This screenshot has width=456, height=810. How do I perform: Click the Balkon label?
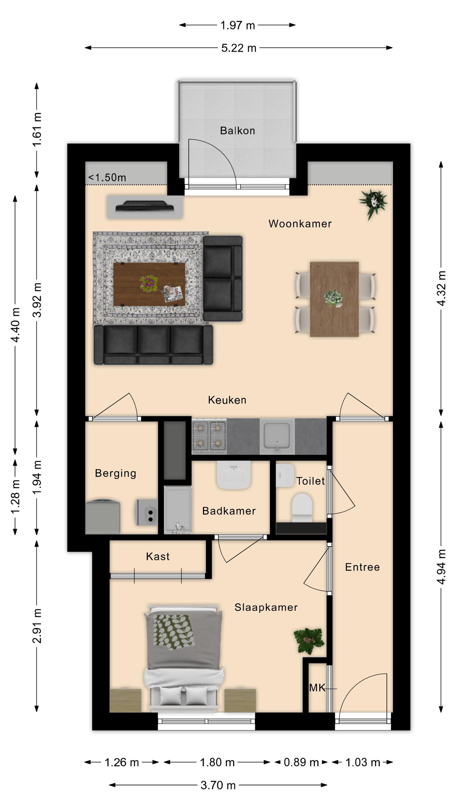pyautogui.click(x=237, y=130)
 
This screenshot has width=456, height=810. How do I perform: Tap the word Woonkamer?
pyautogui.click(x=300, y=224)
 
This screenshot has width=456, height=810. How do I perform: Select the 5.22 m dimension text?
pyautogui.click(x=239, y=48)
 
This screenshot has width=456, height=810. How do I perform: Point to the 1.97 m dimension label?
pyautogui.click(x=238, y=25)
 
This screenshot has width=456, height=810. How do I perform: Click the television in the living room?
pyautogui.click(x=145, y=206)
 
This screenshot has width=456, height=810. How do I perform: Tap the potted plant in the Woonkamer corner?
pyautogui.click(x=373, y=204)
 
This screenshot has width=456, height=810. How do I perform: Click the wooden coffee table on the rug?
pyautogui.click(x=149, y=284)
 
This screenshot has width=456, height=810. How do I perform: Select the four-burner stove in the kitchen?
pyautogui.click(x=209, y=436)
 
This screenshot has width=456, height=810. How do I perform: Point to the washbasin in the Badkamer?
pyautogui.click(x=234, y=475)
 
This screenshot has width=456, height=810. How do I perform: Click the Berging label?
pyautogui.click(x=116, y=473)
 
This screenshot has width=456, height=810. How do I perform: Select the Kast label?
pyautogui.click(x=158, y=556)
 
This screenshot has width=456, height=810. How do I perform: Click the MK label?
pyautogui.click(x=317, y=688)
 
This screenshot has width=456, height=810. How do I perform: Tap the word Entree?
pyautogui.click(x=362, y=567)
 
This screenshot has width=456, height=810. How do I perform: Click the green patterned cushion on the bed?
pyautogui.click(x=173, y=632)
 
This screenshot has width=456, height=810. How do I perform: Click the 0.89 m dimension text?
pyautogui.click(x=301, y=762)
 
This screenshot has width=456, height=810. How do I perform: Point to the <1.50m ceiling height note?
pyautogui.click(x=107, y=178)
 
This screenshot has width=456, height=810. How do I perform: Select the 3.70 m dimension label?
pyautogui.click(x=218, y=785)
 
